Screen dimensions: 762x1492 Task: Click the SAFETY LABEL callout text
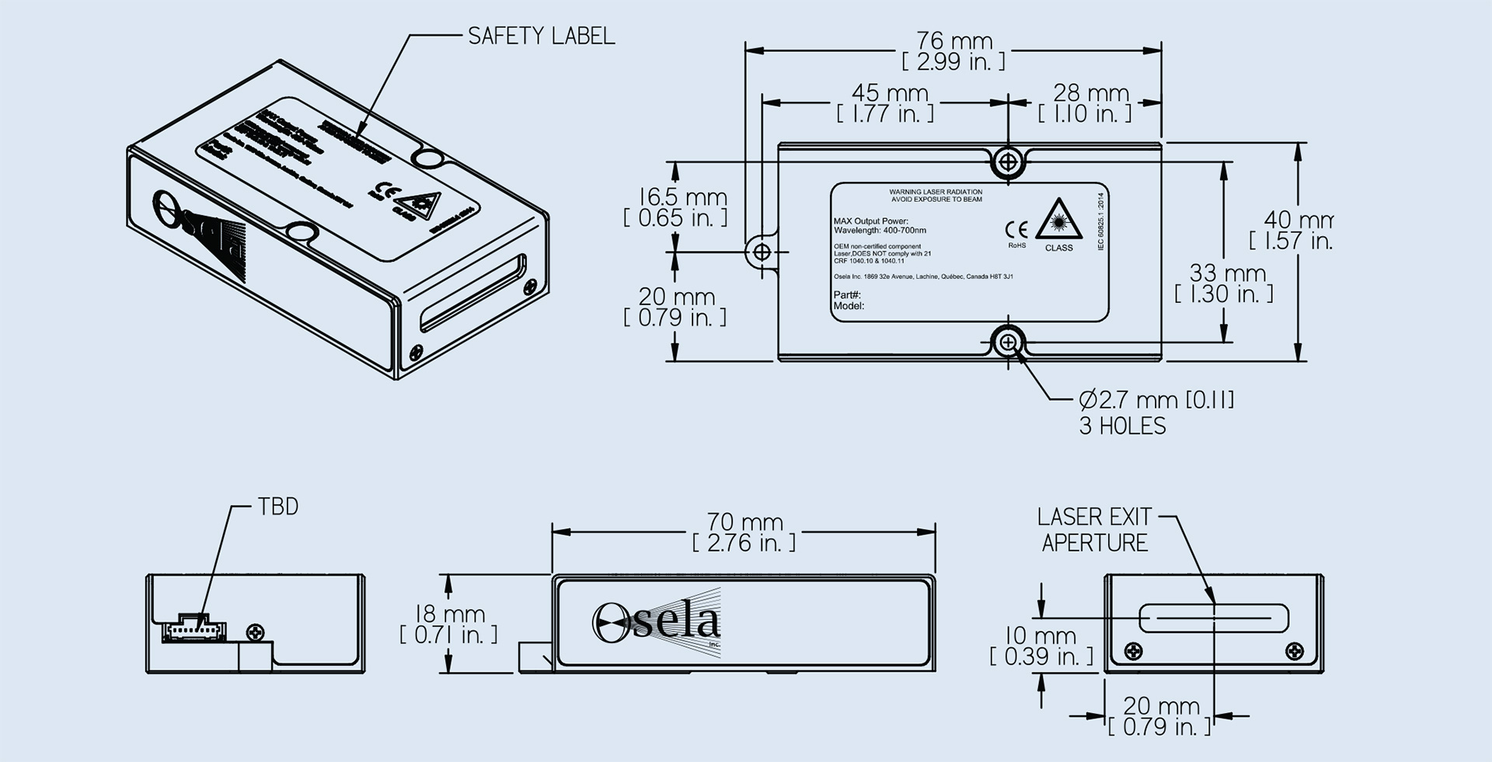click(x=541, y=36)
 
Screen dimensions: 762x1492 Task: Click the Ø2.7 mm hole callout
click(x=1156, y=400)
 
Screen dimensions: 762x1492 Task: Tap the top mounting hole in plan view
click(x=1008, y=162)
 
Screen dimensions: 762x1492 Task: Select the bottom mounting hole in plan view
click(x=1008, y=342)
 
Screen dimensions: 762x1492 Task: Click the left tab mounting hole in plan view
click(x=762, y=251)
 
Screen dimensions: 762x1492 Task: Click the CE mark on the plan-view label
click(x=1016, y=230)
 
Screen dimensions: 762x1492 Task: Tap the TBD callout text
click(x=277, y=507)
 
